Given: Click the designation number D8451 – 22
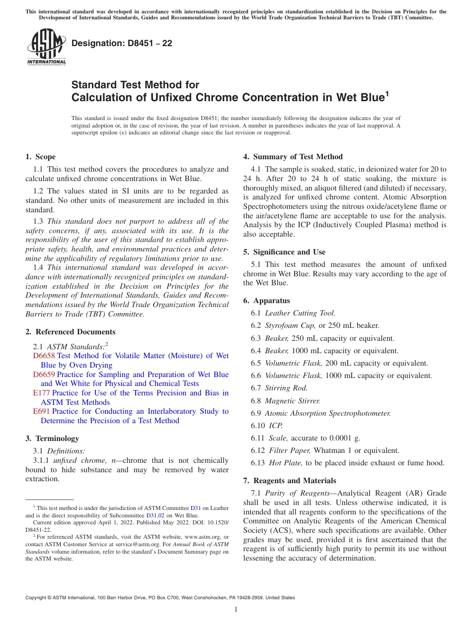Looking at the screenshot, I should click(x=122, y=43).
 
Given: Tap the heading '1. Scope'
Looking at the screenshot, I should click(x=40, y=157).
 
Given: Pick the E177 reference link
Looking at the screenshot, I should click(x=41, y=393).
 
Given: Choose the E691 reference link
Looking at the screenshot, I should click(x=41, y=411).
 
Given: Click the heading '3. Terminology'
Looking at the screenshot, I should click(x=52, y=439).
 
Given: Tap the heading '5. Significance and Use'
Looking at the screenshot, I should click(x=284, y=252).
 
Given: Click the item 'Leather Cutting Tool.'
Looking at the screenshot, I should click(x=300, y=313).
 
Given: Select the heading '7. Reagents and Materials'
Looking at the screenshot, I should click(x=290, y=481).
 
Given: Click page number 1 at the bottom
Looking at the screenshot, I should click(x=236, y=610).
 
